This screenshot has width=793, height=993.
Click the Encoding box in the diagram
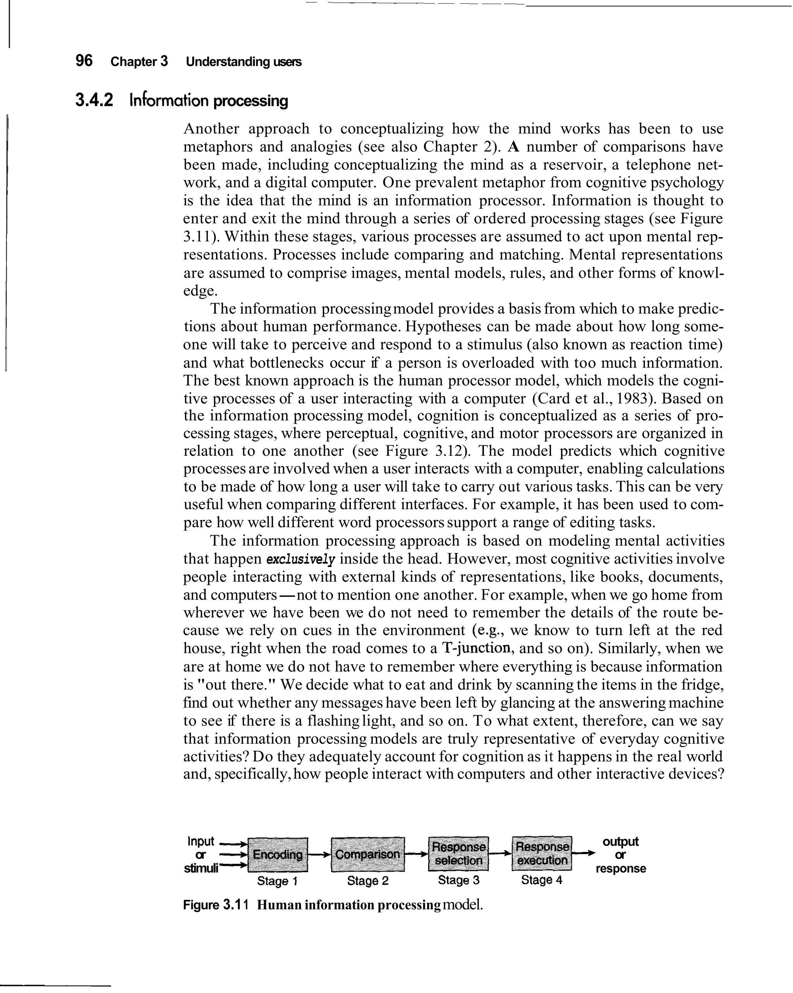pyautogui.click(x=278, y=854)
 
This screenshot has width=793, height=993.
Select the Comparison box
pyautogui.click(x=367, y=854)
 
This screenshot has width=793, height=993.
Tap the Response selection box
pyautogui.click(x=458, y=853)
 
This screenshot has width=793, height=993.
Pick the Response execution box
pyautogui.click(x=542, y=853)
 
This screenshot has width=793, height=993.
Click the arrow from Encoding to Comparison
pyautogui.click(x=319, y=854)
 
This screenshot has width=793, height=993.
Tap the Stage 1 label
pyautogui.click(x=278, y=881)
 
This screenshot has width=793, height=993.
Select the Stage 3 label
pyautogui.click(x=458, y=880)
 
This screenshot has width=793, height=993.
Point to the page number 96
pyautogui.click(x=84, y=61)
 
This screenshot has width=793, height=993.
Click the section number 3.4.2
pyautogui.click(x=94, y=100)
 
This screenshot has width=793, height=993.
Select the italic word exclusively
pyautogui.click(x=301, y=560)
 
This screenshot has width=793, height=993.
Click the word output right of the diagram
pyautogui.click(x=620, y=841)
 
